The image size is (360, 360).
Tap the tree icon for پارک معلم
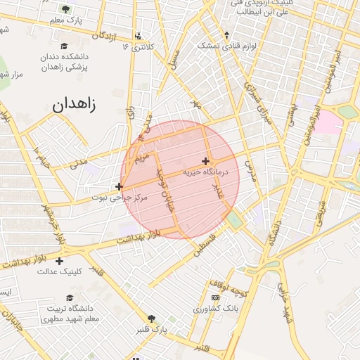tap(66, 9)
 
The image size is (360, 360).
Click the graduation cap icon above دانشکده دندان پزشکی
tap(65, 46)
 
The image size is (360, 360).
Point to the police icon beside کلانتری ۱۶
tap(138, 35)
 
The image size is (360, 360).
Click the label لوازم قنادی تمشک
tap(226, 46)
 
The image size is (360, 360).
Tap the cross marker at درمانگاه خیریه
tap(205, 161)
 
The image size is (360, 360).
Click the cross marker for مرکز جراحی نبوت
tap(119, 186)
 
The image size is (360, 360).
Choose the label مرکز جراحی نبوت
tap(120, 198)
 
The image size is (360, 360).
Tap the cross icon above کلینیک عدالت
tap(59, 261)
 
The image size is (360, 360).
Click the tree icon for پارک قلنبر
tap(151, 319)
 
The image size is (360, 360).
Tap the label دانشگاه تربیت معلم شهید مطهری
tap(73, 314)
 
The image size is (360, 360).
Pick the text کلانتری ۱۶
tap(137, 47)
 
